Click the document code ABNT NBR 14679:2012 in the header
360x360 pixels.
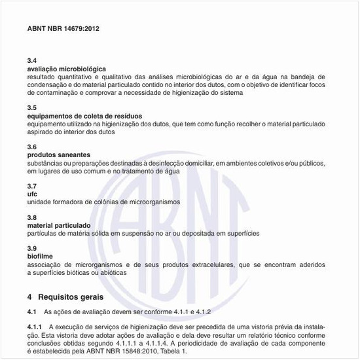coord(63,29)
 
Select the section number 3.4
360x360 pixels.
coord(32,60)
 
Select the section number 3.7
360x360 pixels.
coord(32,185)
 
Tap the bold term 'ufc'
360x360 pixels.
coord(32,194)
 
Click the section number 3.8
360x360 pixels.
coord(32,217)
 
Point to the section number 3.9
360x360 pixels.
coord(32,248)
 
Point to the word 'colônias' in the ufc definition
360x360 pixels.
coord(101,202)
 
